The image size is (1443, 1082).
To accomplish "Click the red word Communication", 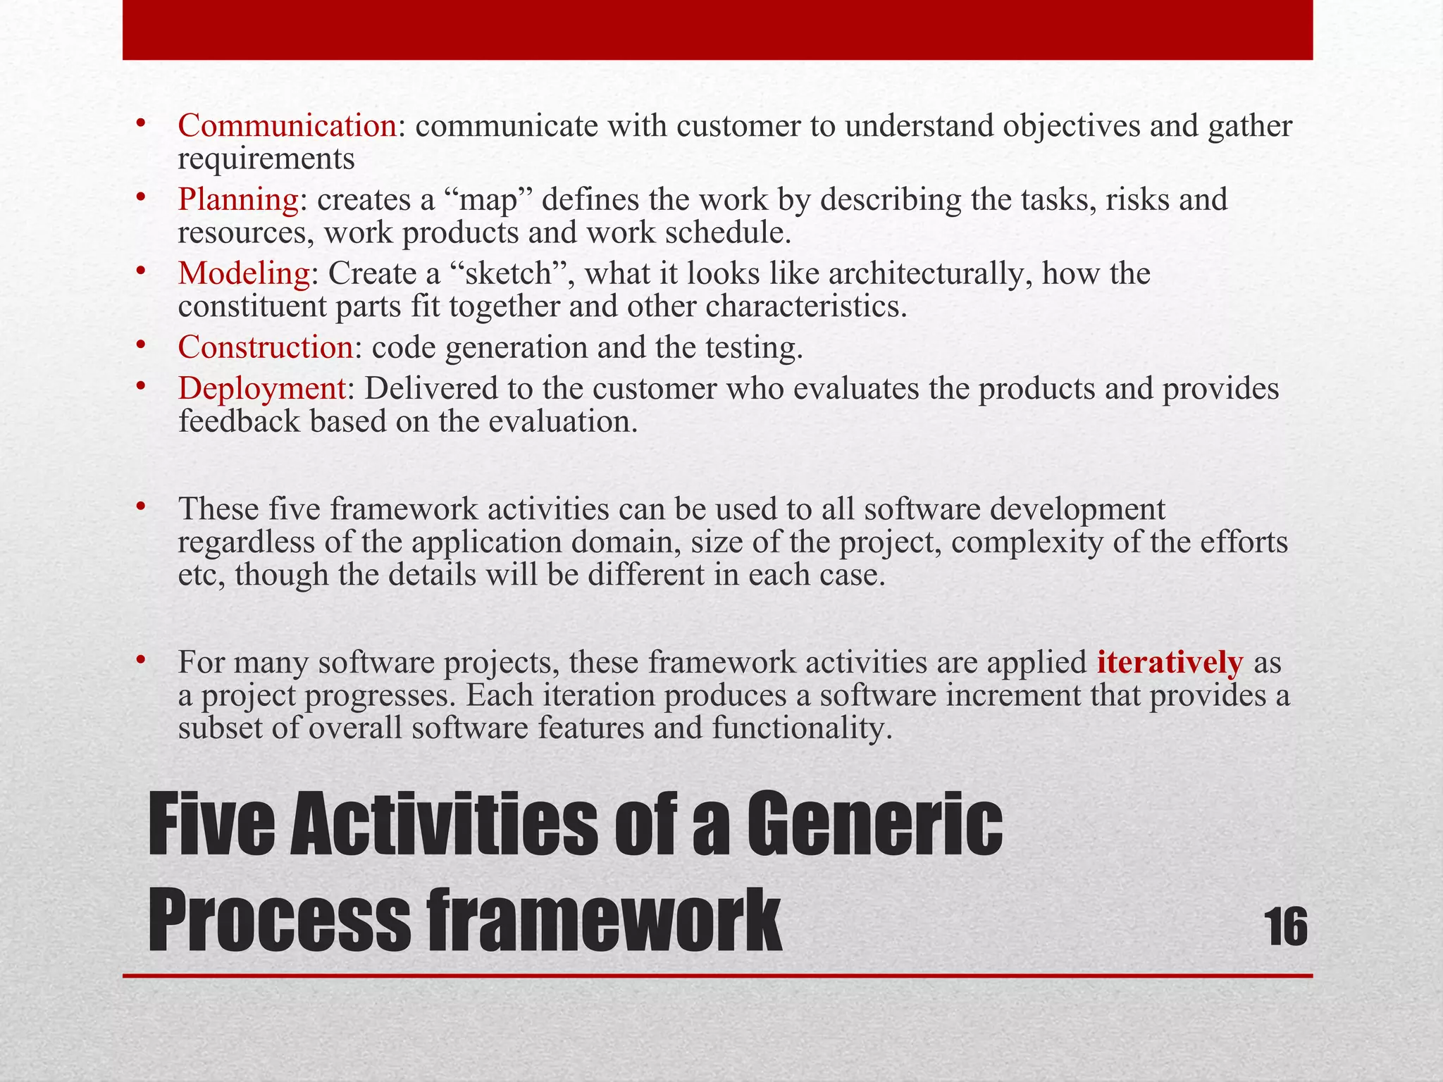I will coord(287,126).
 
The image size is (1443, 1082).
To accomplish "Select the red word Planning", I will coord(238,200).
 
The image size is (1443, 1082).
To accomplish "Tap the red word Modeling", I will coord(244,274).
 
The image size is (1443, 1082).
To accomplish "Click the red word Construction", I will coord(265,348).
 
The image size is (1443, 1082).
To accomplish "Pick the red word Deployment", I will coord(261,389).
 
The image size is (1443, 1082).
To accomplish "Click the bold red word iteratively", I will coord(1170,663).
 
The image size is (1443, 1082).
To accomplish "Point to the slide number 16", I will coord(1287,928).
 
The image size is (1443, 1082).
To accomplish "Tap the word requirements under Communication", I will coord(266,159).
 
